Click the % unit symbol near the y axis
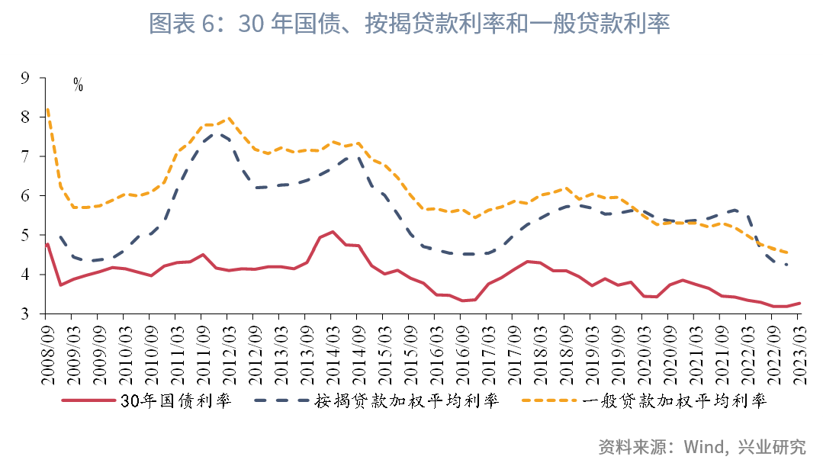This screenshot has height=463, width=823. coord(78,85)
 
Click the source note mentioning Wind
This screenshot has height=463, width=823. coord(702,446)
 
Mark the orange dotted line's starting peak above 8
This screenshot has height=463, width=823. coord(47,110)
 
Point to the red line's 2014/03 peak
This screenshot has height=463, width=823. coord(333,232)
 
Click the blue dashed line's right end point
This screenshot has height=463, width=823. coord(786,265)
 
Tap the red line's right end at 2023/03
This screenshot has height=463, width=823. coord(799,303)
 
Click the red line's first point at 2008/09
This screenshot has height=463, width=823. coord(47,244)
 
